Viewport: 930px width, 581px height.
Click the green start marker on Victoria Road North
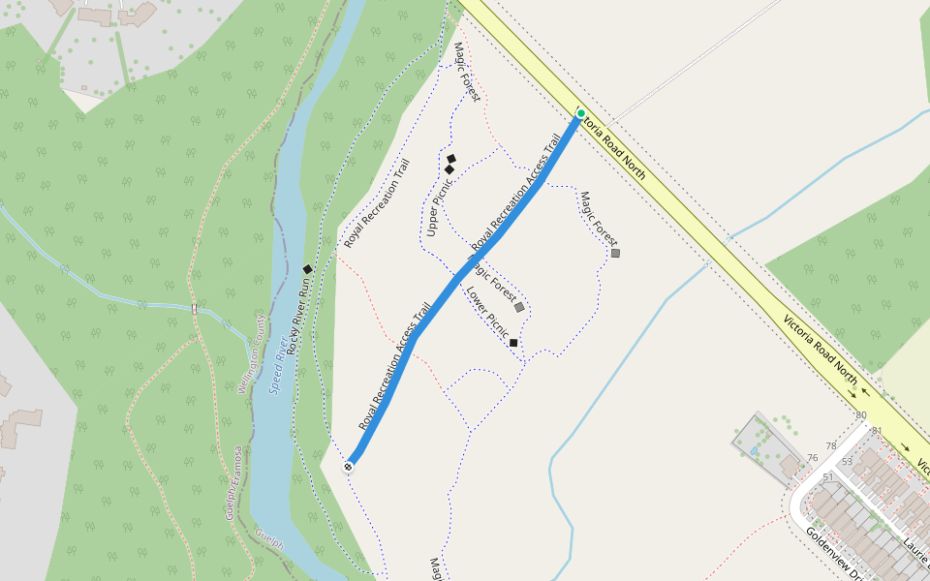point(581,114)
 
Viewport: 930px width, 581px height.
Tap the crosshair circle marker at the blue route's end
point(349,467)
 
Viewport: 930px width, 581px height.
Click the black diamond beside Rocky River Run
point(307,269)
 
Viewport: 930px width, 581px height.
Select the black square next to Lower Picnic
point(513,343)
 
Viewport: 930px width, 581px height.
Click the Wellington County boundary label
point(251,353)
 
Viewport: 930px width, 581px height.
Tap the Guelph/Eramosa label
point(233,482)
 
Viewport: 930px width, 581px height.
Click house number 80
point(861,415)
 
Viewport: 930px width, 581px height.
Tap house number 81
point(878,430)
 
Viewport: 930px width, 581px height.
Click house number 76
point(812,458)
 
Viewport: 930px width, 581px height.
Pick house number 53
point(847,461)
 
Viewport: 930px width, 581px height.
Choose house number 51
point(827,476)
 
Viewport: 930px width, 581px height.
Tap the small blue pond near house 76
point(754,451)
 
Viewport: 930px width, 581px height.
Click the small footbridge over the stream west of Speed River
point(195,309)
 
